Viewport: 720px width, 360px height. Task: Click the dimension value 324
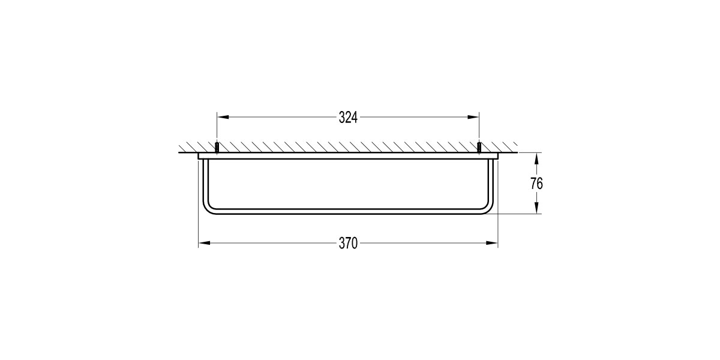(348, 118)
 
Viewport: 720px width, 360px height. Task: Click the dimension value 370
(348, 244)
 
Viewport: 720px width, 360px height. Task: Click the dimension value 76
(536, 184)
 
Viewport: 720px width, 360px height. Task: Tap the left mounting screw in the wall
(217, 147)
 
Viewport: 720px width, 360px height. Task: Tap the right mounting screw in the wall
(479, 147)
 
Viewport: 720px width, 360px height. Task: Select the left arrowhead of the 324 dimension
(223, 118)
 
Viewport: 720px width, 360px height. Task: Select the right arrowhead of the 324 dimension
(473, 118)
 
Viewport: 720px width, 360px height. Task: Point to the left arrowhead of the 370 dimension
(204, 243)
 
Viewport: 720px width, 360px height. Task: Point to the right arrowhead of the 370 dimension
(492, 243)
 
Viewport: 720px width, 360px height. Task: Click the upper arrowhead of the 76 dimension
(536, 158)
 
